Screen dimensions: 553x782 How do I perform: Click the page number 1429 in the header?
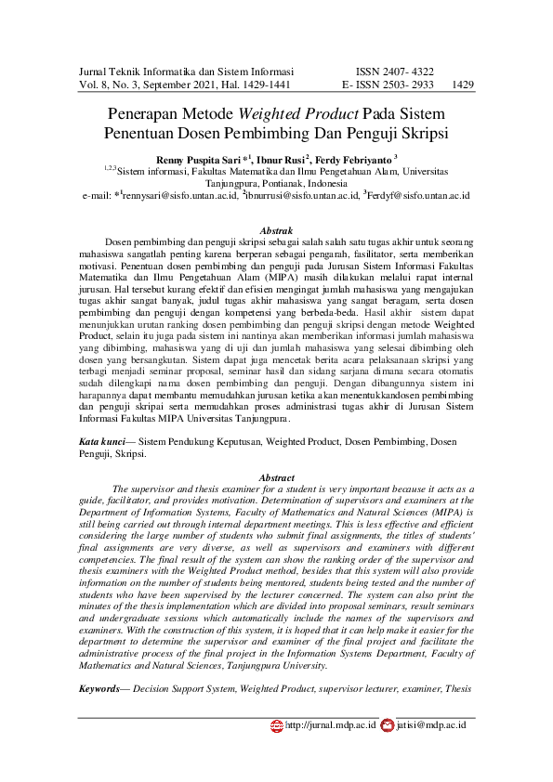pos(463,85)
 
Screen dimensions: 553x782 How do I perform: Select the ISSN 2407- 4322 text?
pos(394,71)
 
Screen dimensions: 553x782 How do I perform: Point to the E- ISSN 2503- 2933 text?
pos(388,85)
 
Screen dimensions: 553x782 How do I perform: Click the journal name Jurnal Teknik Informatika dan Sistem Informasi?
pos(186,71)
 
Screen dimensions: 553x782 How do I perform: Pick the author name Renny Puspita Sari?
pos(199,160)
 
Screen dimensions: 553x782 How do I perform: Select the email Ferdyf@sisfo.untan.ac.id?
pos(419,197)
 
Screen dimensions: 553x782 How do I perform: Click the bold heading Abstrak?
pos(276,229)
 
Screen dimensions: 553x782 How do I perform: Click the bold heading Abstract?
pos(276,476)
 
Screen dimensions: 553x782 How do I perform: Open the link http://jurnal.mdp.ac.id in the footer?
pos(330,724)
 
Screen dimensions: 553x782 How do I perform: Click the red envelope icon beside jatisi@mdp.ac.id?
pos(388,724)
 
